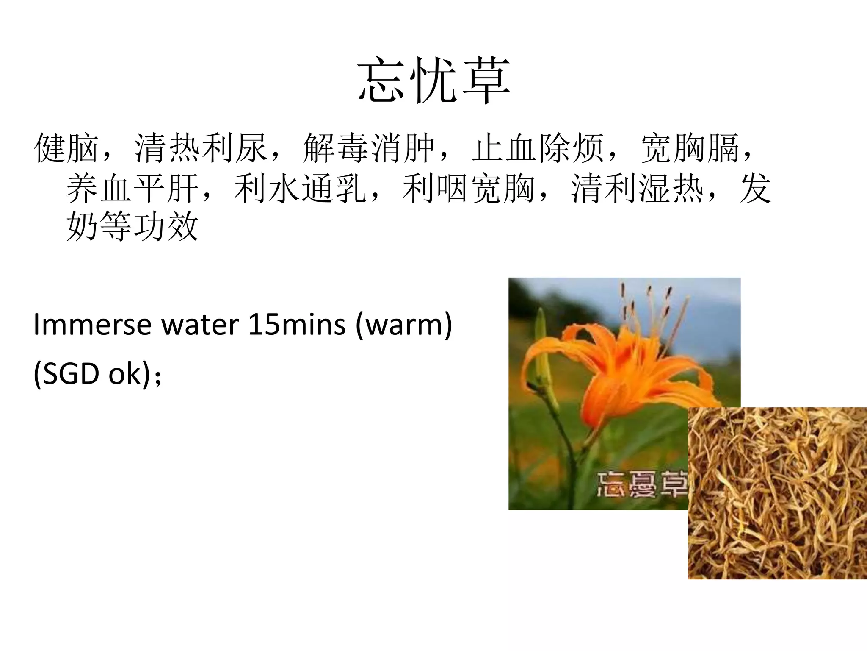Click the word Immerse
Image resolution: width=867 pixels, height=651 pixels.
pos(92,325)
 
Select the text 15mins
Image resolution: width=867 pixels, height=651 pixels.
pos(297,325)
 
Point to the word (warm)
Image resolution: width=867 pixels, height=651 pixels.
pos(404,325)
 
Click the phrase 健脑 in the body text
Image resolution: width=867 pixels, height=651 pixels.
pos(66,148)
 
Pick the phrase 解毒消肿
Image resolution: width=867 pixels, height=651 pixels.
pos(369,148)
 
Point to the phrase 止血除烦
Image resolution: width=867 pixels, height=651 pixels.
pos(538,148)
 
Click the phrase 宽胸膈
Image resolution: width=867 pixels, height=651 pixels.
pos(690,148)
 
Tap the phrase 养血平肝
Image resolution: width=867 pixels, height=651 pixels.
pos(133,188)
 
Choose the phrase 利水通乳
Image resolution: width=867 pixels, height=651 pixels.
pos(300,188)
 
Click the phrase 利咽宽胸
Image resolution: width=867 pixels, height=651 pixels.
pos(469,188)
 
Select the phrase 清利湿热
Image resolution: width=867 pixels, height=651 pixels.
pos(637,188)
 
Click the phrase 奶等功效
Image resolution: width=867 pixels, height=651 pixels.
pos(133,226)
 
